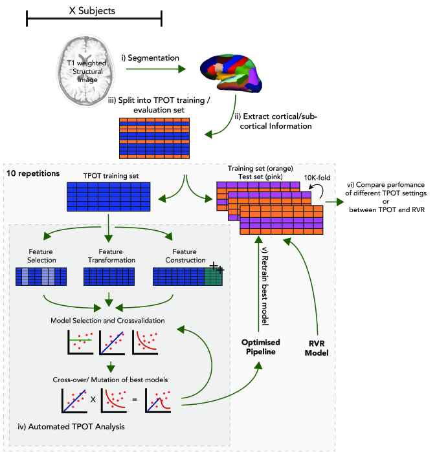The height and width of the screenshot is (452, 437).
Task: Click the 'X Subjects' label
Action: click(x=92, y=11)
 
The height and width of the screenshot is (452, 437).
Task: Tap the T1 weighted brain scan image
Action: click(x=86, y=70)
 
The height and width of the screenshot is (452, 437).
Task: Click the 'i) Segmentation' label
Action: click(x=150, y=58)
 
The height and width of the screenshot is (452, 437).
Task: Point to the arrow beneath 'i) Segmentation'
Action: click(x=155, y=69)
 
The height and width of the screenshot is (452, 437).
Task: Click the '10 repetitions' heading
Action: click(x=33, y=173)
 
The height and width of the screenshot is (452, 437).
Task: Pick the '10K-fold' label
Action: click(x=317, y=178)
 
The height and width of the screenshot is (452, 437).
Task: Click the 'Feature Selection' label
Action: click(x=41, y=256)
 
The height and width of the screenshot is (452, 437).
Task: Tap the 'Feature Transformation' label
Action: click(x=111, y=256)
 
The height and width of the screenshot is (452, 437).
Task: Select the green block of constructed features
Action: click(x=213, y=277)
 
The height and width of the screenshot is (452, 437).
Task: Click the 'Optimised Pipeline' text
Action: click(x=261, y=347)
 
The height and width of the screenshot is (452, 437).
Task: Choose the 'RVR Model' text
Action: click(x=317, y=349)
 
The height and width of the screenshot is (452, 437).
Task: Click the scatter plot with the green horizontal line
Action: click(x=80, y=342)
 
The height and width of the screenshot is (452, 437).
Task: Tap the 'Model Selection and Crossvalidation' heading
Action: click(x=107, y=321)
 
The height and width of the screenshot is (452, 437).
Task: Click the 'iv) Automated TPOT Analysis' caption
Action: click(x=71, y=427)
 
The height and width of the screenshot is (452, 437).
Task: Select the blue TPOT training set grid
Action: click(x=109, y=197)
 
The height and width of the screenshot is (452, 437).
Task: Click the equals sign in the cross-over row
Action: click(x=135, y=400)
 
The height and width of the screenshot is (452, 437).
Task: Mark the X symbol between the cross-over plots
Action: click(x=93, y=400)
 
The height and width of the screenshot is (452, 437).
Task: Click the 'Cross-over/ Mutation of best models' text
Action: click(x=110, y=380)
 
